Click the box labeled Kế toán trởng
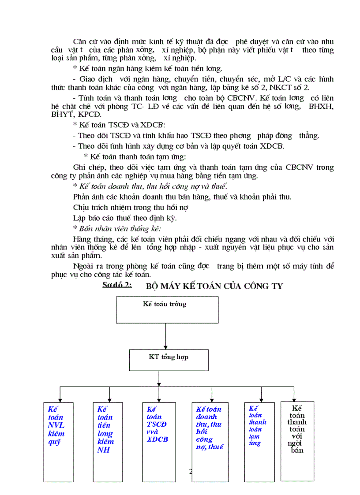(x=167, y=309)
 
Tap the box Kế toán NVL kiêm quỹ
(x=58, y=441)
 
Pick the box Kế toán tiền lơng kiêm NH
(x=108, y=441)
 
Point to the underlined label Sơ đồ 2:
(x=117, y=285)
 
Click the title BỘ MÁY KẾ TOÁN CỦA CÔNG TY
(x=214, y=286)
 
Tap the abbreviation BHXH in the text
(x=321, y=107)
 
